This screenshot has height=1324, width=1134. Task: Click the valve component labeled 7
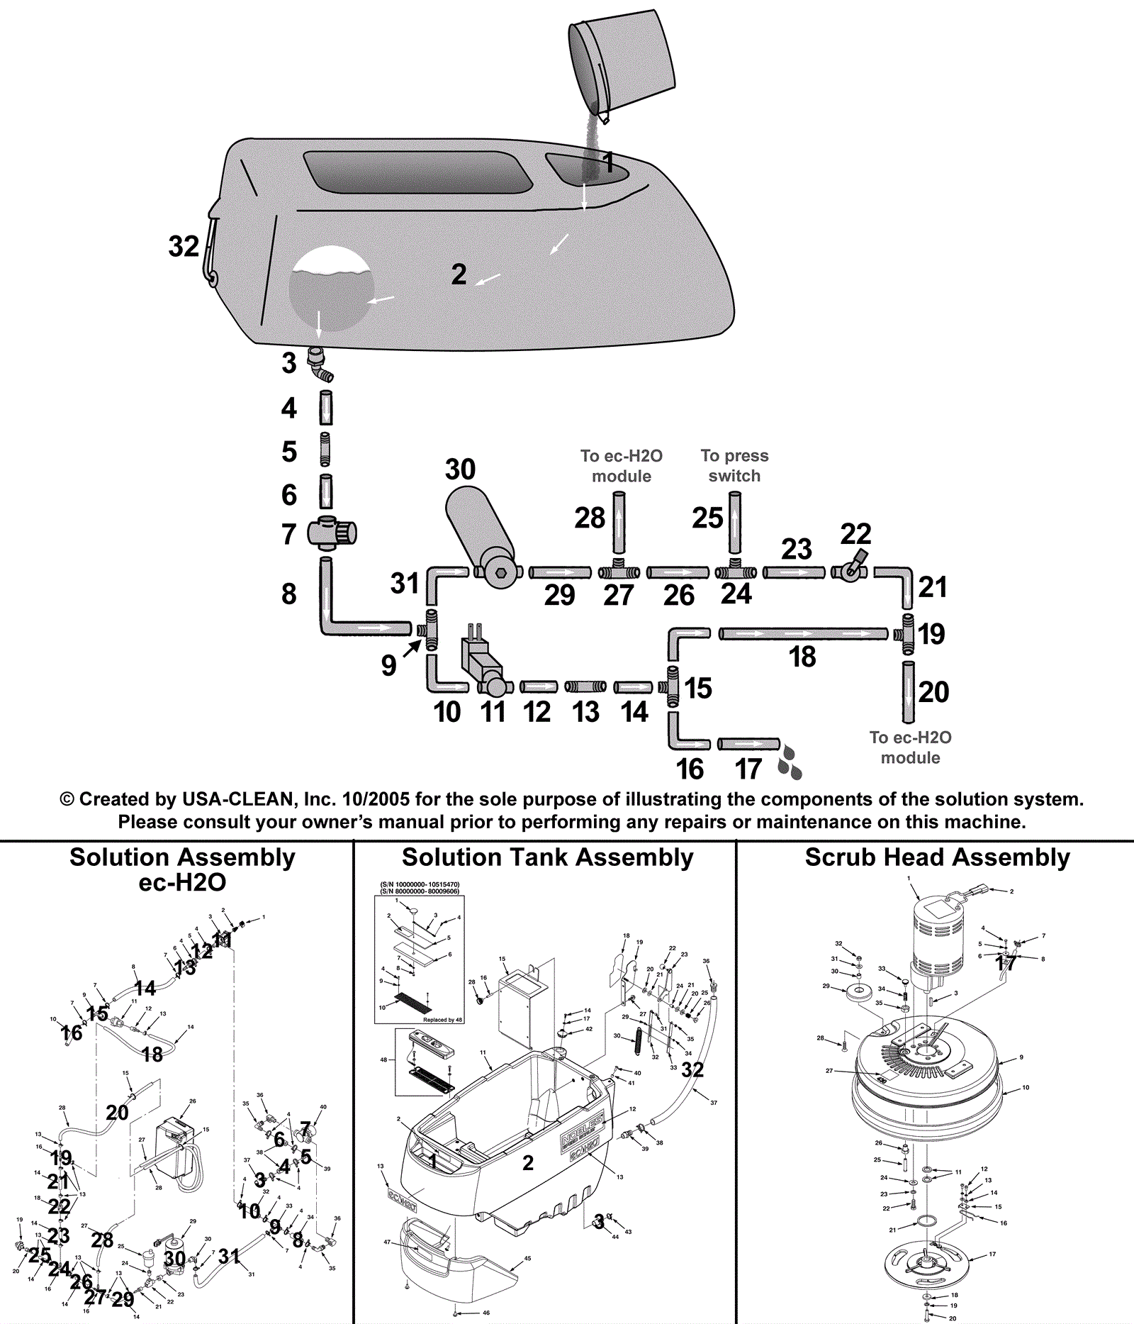coord(332,533)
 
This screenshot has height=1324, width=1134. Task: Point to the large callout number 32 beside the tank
coord(184,247)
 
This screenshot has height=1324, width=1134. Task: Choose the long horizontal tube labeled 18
coord(803,633)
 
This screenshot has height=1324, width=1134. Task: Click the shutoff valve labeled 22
coord(850,568)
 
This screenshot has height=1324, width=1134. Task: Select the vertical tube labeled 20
coord(908,691)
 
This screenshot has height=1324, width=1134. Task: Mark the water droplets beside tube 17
coord(790,761)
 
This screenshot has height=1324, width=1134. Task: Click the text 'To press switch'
coord(734,466)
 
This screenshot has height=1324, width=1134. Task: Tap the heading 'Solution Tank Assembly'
coord(547,857)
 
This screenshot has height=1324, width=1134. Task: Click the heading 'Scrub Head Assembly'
coord(937,857)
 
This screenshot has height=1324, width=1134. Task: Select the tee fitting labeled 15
coord(671,686)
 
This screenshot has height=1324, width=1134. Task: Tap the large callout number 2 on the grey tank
coord(459,274)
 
